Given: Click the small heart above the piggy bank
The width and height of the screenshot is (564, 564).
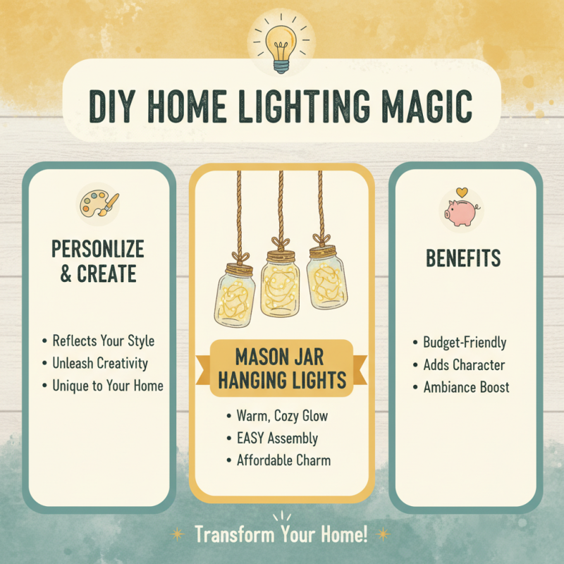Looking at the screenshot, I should pos(461,191).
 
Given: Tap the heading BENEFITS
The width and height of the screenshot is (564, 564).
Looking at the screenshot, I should pos(462,259).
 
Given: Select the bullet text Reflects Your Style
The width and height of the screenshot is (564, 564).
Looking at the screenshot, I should pos(103,341).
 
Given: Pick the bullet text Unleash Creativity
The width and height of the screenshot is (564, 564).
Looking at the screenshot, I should pos(100,363).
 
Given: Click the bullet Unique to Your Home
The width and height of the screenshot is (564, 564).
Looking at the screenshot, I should pos(107,386).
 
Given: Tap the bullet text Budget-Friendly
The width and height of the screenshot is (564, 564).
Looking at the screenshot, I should pos(464,343).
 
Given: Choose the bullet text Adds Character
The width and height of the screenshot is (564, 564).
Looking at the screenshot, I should pos(463,365).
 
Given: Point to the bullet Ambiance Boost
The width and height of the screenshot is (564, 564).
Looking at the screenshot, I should pos(466,387).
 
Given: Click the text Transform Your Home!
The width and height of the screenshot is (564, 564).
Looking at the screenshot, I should pos(281,534).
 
